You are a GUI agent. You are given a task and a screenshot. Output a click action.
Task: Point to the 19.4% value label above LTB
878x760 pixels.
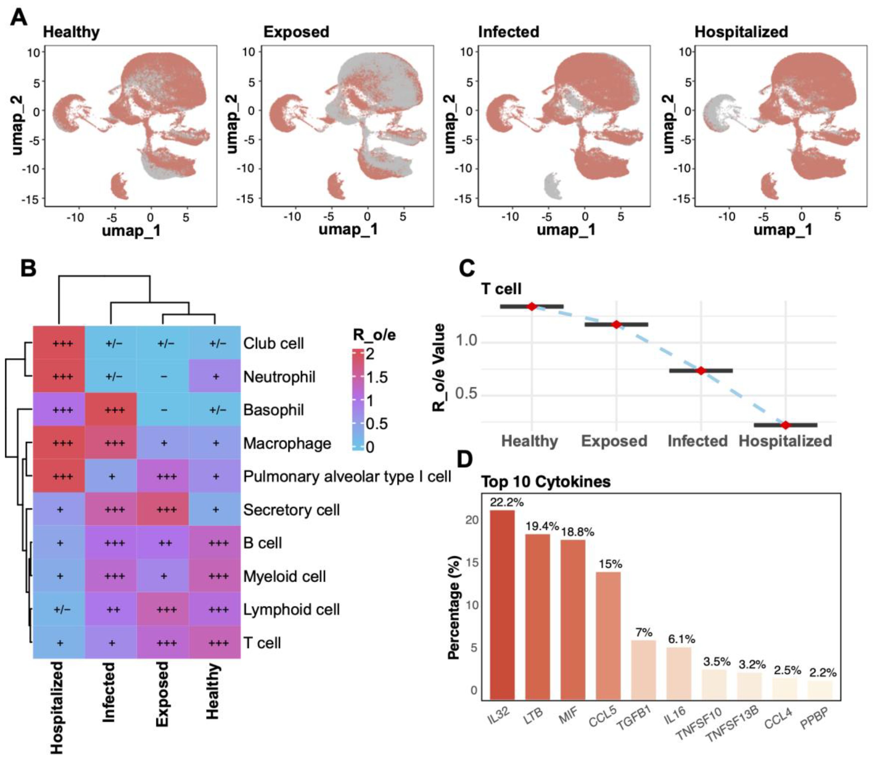542,526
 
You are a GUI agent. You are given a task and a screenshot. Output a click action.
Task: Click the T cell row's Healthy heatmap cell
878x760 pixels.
215,643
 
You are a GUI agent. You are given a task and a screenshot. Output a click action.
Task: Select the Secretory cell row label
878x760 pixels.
291,510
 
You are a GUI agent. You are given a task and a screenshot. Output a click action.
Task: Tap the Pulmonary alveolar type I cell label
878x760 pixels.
347,477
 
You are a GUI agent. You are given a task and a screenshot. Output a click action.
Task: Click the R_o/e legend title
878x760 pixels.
374,335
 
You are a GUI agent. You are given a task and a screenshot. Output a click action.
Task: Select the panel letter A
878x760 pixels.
19,18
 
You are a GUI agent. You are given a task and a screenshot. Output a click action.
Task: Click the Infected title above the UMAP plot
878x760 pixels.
508,32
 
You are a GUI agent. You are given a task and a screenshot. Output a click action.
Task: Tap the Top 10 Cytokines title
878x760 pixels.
546,482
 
